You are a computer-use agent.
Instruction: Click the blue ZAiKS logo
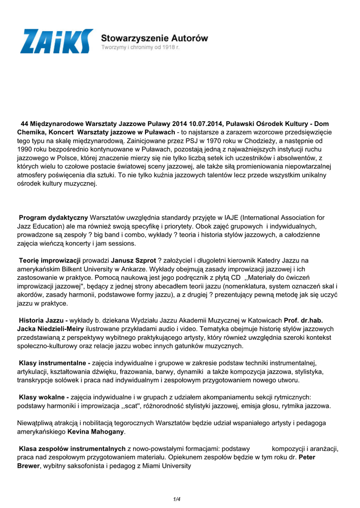tap(56, 41)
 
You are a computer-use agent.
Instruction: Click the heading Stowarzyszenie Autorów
tap(154, 37)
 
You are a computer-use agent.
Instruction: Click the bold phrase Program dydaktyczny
tap(53, 218)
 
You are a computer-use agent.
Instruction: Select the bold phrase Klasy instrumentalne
tap(54, 363)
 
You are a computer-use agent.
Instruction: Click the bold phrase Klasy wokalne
tap(44, 397)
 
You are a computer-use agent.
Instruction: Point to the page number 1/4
tap(177, 499)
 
